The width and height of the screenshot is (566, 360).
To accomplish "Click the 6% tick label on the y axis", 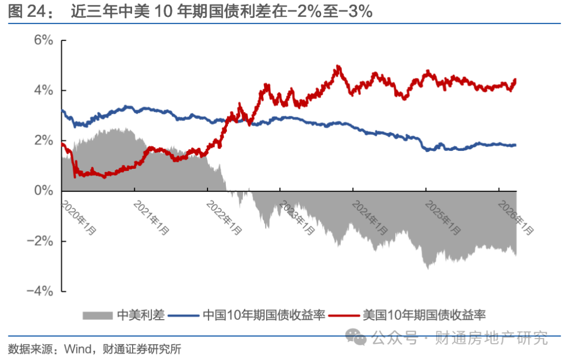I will pyautogui.click(x=44, y=40).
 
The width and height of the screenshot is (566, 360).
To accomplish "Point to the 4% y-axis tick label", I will pyautogui.click(x=44, y=91).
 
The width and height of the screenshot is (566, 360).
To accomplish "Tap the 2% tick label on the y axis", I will pyautogui.click(x=44, y=141).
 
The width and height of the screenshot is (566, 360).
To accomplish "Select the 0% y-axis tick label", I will pyautogui.click(x=44, y=191).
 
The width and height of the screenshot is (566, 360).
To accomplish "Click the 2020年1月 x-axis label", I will pyautogui.click(x=79, y=214).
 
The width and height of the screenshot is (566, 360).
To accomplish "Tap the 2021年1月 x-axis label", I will pyautogui.click(x=151, y=214).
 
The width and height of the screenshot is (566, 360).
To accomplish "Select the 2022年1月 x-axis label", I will pyautogui.click(x=224, y=214).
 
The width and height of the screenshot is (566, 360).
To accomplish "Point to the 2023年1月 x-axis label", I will pyautogui.click(x=297, y=214).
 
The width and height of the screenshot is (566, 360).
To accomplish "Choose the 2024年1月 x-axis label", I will pyautogui.click(x=370, y=214).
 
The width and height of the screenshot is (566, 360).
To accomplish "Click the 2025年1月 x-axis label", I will pyautogui.click(x=443, y=214).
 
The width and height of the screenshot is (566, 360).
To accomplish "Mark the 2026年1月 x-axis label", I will pyautogui.click(x=516, y=214).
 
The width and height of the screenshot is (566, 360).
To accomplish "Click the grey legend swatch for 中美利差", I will pyautogui.click(x=97, y=315).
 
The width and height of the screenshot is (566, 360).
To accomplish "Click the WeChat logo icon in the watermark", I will pyautogui.click(x=358, y=337).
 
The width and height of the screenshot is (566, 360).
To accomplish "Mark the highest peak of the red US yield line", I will pyautogui.click(x=338, y=66).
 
